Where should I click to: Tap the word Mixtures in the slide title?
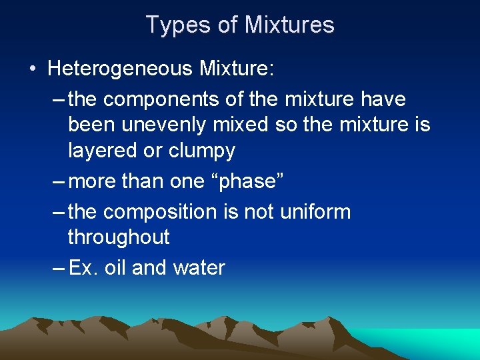point(289,25)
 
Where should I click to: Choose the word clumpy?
point(202,151)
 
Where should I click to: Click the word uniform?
point(317,212)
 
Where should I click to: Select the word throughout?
point(119,237)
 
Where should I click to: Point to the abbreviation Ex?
point(83,268)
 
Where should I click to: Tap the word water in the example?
point(199,268)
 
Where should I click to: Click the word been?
point(92,125)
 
